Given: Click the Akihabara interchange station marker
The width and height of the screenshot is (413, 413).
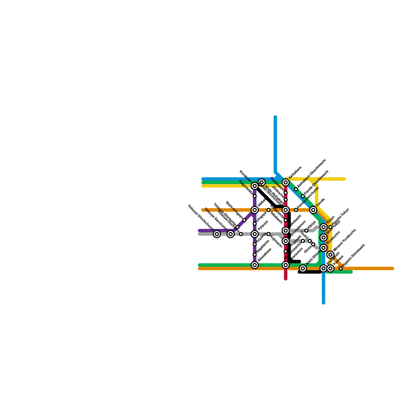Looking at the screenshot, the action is pyautogui.click(x=285, y=182).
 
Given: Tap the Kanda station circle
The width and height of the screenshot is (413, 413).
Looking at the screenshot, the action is pyautogui.click(x=313, y=210).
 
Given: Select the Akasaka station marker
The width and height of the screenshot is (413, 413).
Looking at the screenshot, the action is pyautogui.click(x=255, y=265).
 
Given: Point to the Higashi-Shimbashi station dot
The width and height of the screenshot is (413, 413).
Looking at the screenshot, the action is pyautogui.click(x=341, y=268).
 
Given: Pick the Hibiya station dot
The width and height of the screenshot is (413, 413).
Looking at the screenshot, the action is pyautogui.click(x=306, y=231).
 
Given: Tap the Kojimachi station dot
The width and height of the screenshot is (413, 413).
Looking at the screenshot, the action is pyautogui.click(x=268, y=234).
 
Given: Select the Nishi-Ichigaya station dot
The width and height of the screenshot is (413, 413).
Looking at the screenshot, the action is pyautogui.click(x=244, y=220).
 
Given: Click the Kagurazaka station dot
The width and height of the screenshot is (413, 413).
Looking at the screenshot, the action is pyautogui.click(x=255, y=196).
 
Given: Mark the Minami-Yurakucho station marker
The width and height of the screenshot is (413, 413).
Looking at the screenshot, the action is pyautogui.click(x=330, y=255).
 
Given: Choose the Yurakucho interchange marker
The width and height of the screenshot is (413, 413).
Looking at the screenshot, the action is pyautogui.click(x=323, y=248).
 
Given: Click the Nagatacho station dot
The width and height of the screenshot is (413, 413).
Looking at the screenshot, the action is pyautogui.click(x=255, y=255).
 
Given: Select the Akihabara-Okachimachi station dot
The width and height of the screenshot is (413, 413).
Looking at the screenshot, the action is pyautogui.click(x=296, y=189).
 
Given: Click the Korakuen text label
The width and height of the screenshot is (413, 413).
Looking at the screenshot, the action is pyautogui.click(x=245, y=176).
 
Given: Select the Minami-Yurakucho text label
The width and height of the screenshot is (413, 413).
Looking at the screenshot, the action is pyautogui.click(x=345, y=240).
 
